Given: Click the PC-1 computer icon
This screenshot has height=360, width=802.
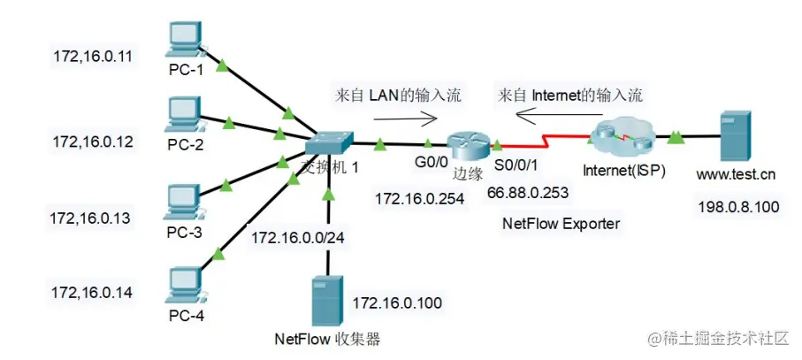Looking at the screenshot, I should [x=186, y=41].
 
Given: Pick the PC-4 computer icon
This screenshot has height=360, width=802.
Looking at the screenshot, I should [x=186, y=285].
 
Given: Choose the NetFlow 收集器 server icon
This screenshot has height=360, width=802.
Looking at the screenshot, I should [x=327, y=302].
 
